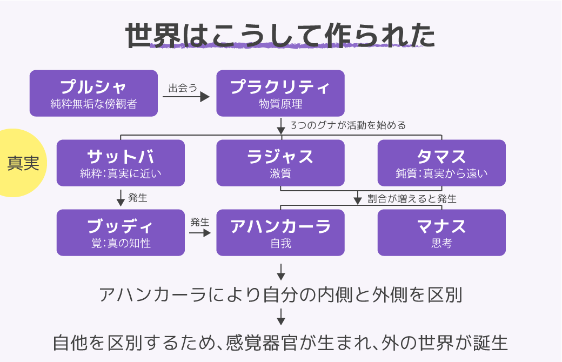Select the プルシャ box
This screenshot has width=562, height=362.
[93, 93]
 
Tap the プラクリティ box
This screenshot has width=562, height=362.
[280, 93]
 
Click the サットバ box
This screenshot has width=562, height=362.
[121, 163]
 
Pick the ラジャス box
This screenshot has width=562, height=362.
[280, 163]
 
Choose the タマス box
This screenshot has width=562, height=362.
[441, 163]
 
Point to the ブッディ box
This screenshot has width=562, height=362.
[121, 232]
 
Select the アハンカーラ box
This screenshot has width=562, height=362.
[280, 232]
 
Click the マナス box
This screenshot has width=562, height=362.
[441, 232]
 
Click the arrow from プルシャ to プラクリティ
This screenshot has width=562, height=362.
[186, 97]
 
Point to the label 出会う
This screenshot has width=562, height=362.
[183, 88]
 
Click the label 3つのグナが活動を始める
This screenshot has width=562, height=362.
[348, 125]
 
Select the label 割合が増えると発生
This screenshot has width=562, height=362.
[412, 199]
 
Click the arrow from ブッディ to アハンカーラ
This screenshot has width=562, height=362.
[199, 233]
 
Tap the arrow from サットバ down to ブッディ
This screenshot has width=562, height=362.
[121, 199]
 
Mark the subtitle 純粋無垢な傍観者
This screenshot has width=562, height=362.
[93, 104]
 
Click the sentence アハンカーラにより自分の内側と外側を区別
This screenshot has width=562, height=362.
[280, 295]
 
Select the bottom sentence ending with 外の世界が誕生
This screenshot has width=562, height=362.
[280, 343]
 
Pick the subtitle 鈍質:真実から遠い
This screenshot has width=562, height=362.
[441, 174]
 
